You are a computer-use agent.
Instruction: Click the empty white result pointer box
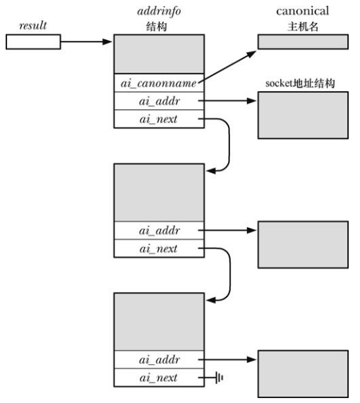pyautogui.click(x=32, y=42)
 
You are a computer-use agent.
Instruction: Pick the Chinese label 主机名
pyautogui.click(x=302, y=25)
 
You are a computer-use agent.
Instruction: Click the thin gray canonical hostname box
pyautogui.click(x=302, y=42)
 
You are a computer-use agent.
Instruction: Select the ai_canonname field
pyautogui.click(x=158, y=83)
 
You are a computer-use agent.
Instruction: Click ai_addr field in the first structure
pyautogui.click(x=158, y=102)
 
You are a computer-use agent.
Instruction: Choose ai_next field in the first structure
pyautogui.click(x=158, y=120)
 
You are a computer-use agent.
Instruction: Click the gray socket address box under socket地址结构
pyautogui.click(x=302, y=114)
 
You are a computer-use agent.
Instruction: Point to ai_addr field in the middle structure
pyautogui.click(x=158, y=230)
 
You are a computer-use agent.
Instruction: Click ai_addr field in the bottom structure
pyautogui.click(x=158, y=360)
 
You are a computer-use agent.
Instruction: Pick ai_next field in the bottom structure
pyautogui.click(x=158, y=378)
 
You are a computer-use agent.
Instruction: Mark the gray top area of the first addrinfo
pyautogui.click(x=158, y=54)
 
